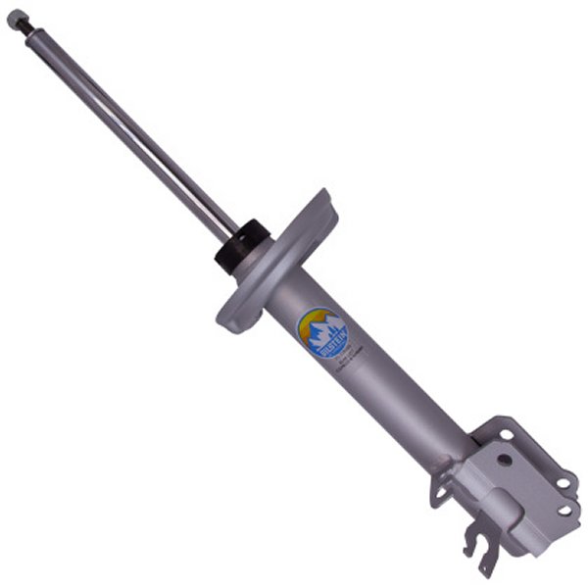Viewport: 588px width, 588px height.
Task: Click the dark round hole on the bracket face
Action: (504, 458)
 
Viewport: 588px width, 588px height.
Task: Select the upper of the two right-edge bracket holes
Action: (565, 480)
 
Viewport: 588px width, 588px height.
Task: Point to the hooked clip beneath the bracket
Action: (483, 553)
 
